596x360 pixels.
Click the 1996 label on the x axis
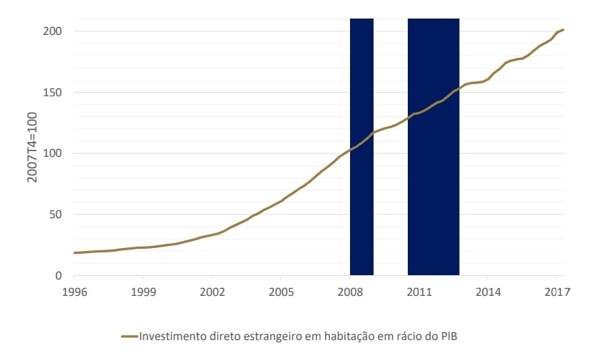pos(74,292)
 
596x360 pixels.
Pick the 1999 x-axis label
pos(143,292)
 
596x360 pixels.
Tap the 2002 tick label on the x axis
pos(212,292)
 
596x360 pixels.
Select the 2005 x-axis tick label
pos(281,292)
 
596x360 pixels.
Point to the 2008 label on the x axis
pos(350,292)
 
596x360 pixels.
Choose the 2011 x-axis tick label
pos(419,292)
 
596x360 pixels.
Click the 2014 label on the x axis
pos(488,292)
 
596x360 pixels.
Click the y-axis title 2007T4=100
pos(32,153)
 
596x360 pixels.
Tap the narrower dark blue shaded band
pos(361,146)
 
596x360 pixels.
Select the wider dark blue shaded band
pos(433,146)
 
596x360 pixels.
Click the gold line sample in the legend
pos(129,336)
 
